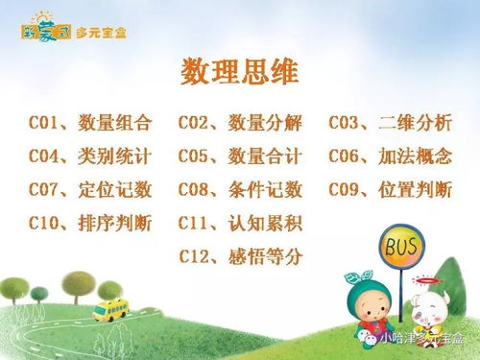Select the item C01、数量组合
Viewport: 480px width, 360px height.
(90, 123)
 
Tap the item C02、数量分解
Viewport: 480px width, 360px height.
(240, 123)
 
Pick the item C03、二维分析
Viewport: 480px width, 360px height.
(390, 123)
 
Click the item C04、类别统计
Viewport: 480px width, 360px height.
(90, 156)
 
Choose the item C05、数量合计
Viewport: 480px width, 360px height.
(240, 156)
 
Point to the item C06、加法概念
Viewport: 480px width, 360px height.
(390, 156)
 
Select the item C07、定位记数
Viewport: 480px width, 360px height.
(90, 189)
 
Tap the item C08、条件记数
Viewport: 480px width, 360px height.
(240, 189)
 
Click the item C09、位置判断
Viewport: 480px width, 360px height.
(390, 189)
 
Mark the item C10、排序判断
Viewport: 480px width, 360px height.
(90, 224)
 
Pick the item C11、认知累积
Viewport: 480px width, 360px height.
(240, 224)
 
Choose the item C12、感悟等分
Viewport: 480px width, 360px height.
(240, 256)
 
